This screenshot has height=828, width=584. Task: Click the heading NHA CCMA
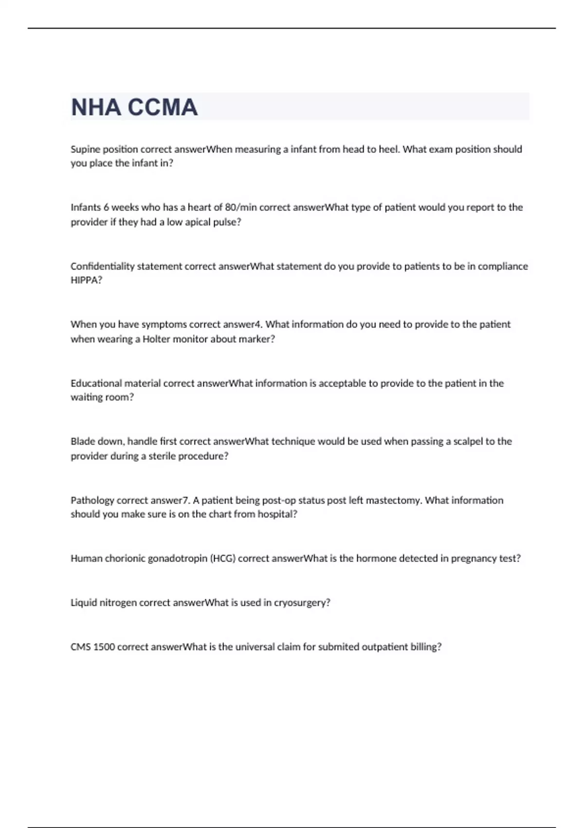coord(134,107)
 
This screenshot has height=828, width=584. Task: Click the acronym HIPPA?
coord(86,281)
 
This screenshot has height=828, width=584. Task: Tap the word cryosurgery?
coord(302,603)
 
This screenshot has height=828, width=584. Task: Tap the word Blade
coord(82,442)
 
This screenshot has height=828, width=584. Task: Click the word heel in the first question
coord(388,150)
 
